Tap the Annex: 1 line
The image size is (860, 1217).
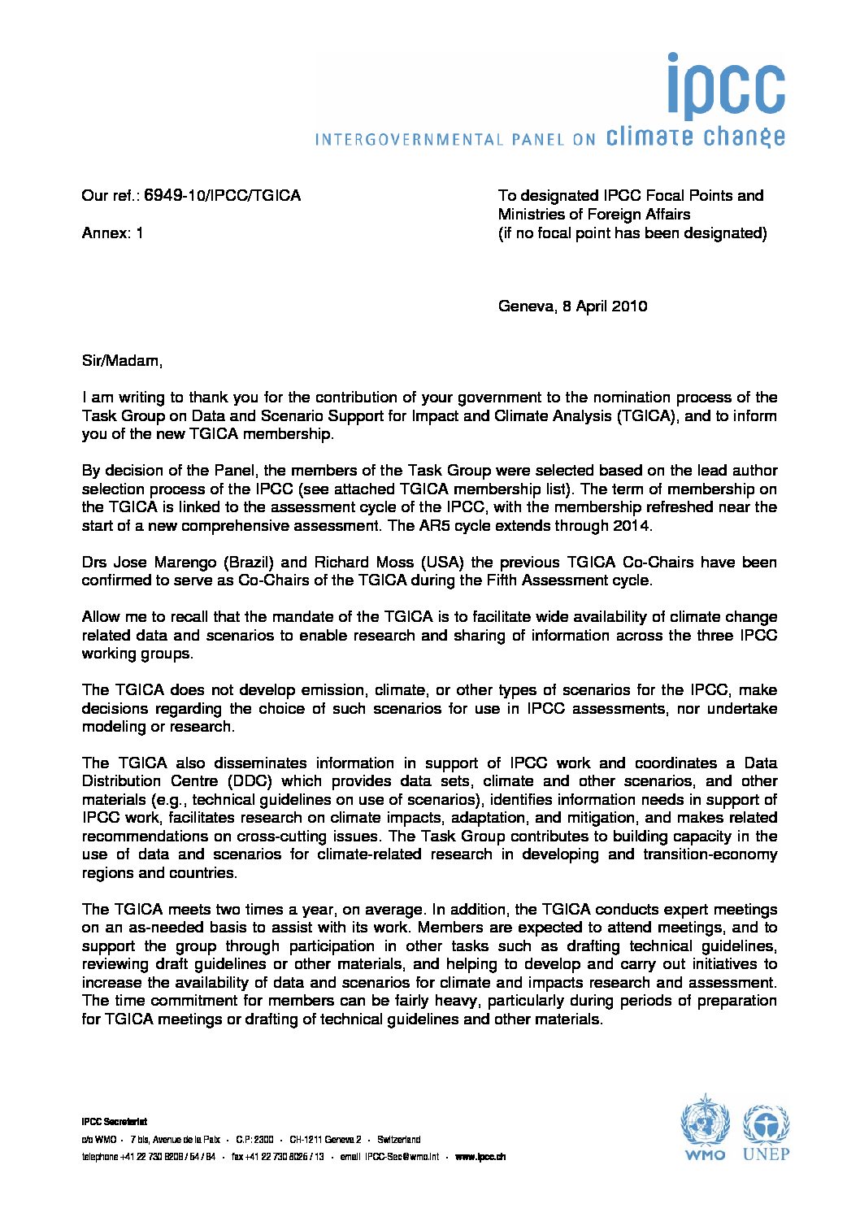pyautogui.click(x=112, y=233)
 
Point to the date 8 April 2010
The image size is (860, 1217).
pyautogui.click(x=605, y=306)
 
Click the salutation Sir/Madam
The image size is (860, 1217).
pyautogui.click(x=121, y=361)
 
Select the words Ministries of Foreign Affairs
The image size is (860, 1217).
pyautogui.click(x=594, y=215)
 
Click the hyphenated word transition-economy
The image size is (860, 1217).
pyautogui.click(x=710, y=854)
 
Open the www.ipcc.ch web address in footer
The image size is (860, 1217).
pyautogui.click(x=480, y=1157)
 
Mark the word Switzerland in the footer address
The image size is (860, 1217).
pyautogui.click(x=398, y=1140)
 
